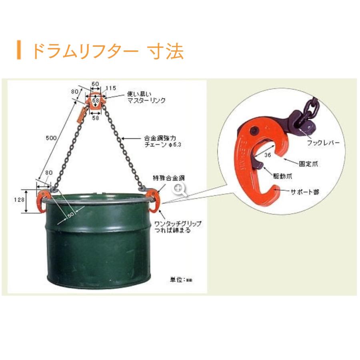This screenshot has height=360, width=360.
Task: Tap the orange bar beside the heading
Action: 18,50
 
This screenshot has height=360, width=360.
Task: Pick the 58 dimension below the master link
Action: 95,119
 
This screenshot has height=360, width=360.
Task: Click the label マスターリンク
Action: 146,101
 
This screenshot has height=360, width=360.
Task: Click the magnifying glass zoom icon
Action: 180,190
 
